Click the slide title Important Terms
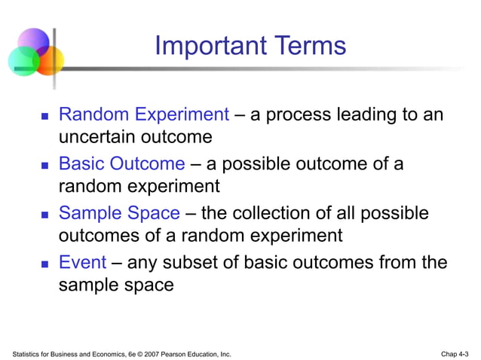pos(250,46)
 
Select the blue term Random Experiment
pos(143,115)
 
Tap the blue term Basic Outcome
pos(121,164)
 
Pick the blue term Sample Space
pos(119,214)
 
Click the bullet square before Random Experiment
pos(44,117)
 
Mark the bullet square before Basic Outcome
pos(44,166)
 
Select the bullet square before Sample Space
pos(44,216)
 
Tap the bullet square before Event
pos(44,265)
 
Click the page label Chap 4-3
pos(455,353)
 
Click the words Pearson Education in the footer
pos(190,353)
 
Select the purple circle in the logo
pos(33,42)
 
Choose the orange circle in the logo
pos(50,60)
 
